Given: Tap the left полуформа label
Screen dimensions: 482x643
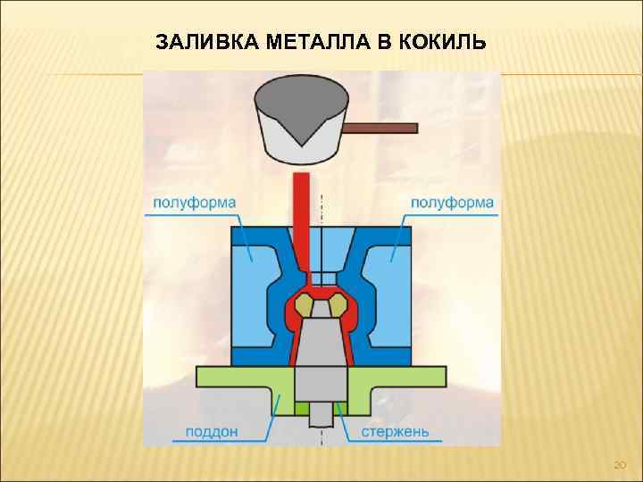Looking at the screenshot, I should click(195, 202).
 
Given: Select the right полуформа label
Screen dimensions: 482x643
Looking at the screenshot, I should click(452, 202).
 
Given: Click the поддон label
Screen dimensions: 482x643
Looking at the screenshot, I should click(212, 432).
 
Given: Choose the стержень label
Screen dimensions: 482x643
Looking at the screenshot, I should click(395, 432).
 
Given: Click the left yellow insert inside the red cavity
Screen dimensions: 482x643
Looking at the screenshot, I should click(306, 304).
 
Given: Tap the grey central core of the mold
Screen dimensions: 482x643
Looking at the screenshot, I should click(321, 357).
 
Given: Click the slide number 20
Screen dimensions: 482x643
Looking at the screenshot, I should click(621, 465).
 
